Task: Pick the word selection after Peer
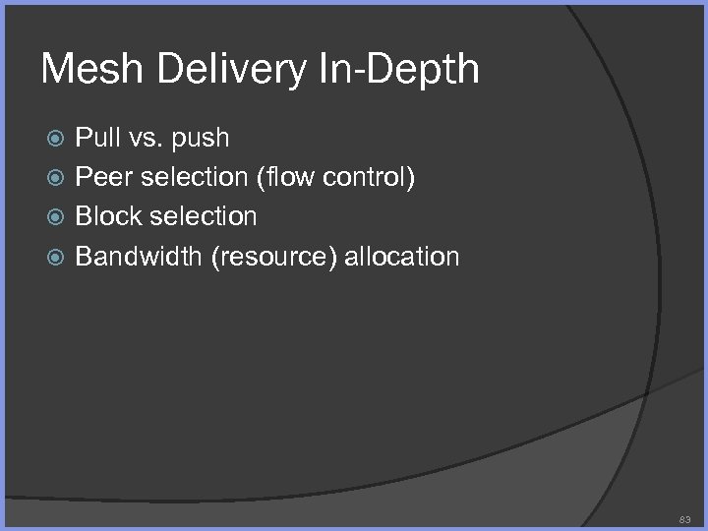tap(194, 177)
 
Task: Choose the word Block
tap(107, 216)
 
